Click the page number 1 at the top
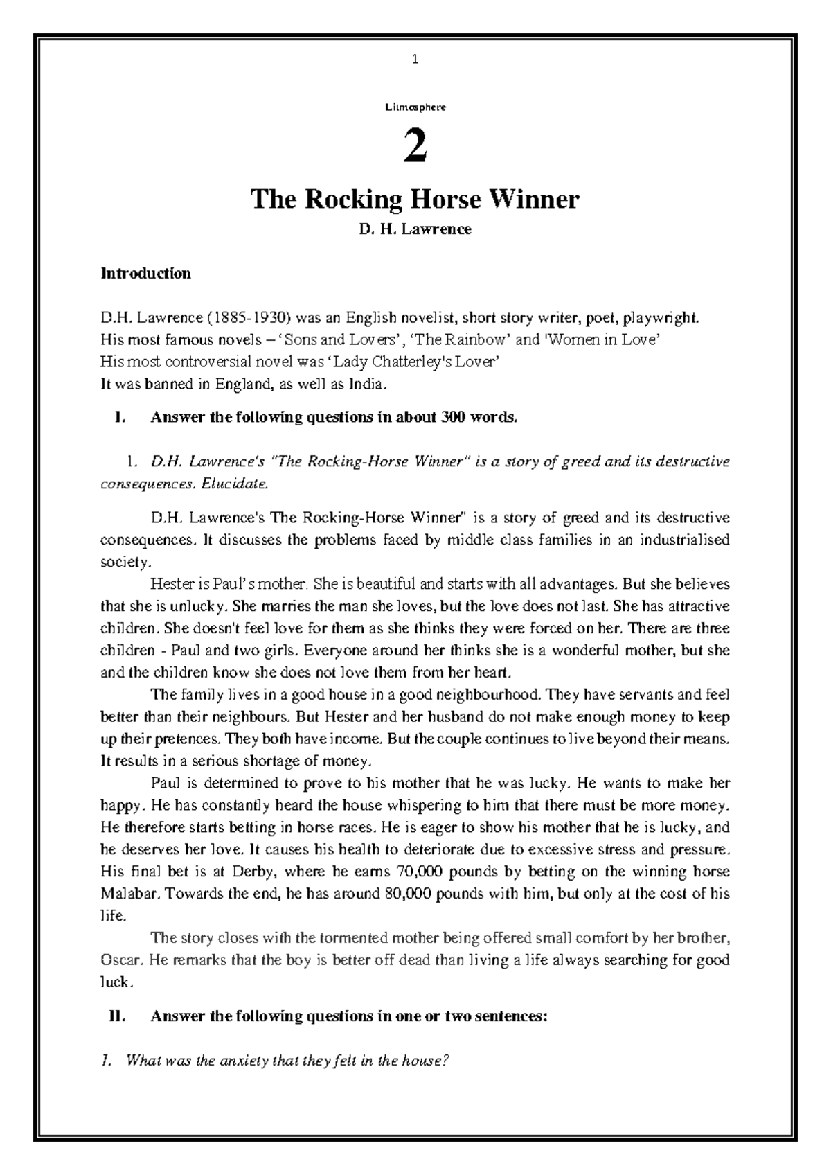[x=415, y=60]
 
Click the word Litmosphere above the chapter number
[x=415, y=107]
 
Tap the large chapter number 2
[x=415, y=148]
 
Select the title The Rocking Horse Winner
[x=415, y=200]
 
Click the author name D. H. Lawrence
[x=415, y=229]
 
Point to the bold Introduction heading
[x=145, y=273]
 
